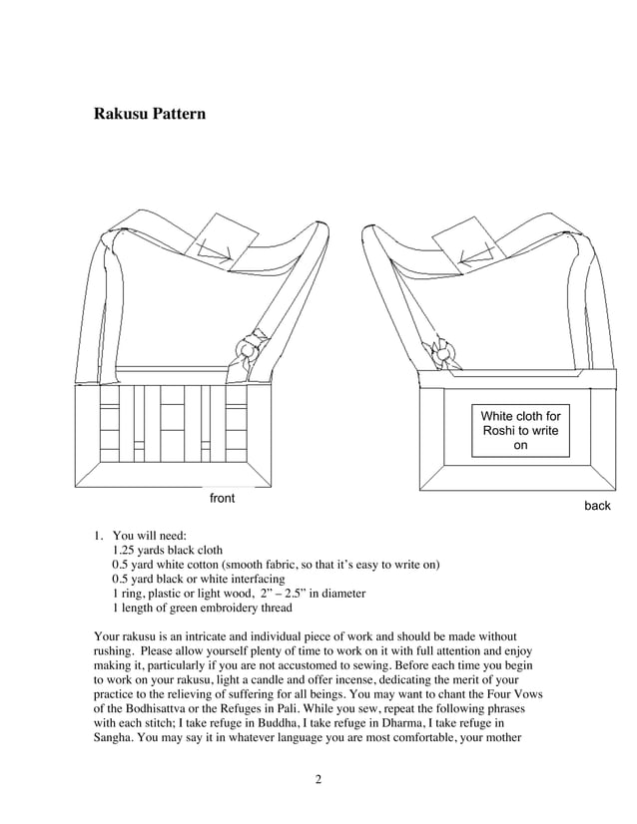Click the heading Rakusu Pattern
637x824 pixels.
click(150, 114)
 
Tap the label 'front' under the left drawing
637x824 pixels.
click(222, 498)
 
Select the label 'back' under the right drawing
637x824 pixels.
click(597, 506)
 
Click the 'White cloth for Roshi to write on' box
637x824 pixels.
click(520, 430)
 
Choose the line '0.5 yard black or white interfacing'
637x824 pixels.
click(198, 579)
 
